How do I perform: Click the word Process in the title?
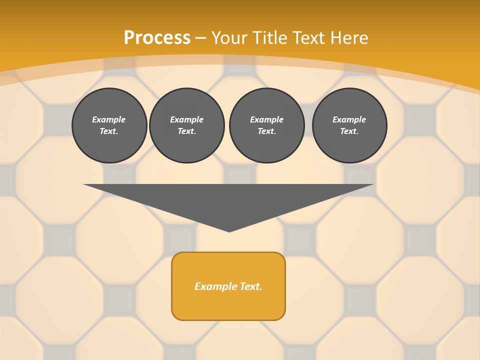pyautogui.click(x=157, y=38)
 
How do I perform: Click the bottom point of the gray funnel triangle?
pyautogui.click(x=229, y=231)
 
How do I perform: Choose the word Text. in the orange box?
pyautogui.click(x=250, y=286)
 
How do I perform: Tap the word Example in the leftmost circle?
pyautogui.click(x=109, y=119)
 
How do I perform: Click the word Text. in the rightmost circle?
pyautogui.click(x=349, y=131)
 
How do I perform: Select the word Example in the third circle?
pyautogui.click(x=266, y=119)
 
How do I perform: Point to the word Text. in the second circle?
pyautogui.click(x=187, y=131)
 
